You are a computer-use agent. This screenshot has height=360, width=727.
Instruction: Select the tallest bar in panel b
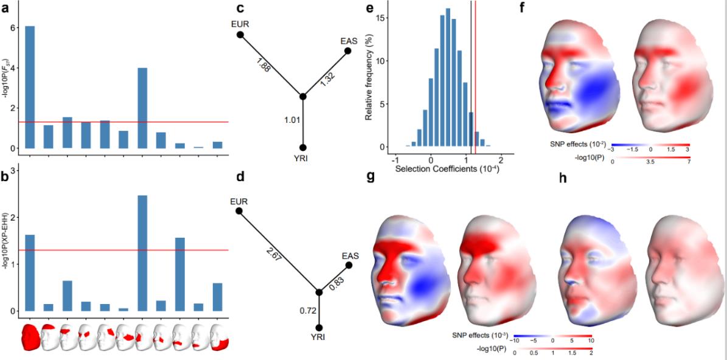pyautogui.click(x=142, y=253)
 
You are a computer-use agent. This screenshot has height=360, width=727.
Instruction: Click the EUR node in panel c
pyautogui.click(x=240, y=35)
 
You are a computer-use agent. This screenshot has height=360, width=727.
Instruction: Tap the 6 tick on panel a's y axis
pyautogui.click(x=12, y=28)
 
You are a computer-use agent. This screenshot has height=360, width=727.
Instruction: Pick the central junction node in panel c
pyautogui.click(x=303, y=97)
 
